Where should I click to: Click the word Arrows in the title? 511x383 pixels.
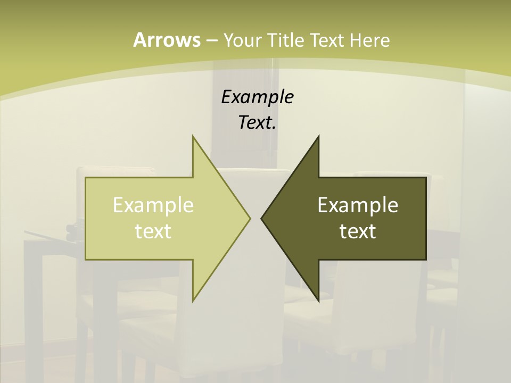pyautogui.click(x=167, y=40)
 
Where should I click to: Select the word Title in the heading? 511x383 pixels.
pyautogui.click(x=286, y=40)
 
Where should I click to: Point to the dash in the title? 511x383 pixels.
pyautogui.click(x=211, y=40)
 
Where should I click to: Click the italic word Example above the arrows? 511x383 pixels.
pyautogui.click(x=257, y=97)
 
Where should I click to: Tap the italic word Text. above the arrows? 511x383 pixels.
pyautogui.click(x=257, y=123)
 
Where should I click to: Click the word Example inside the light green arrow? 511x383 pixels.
pyautogui.click(x=153, y=205)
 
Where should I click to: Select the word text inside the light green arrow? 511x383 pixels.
pyautogui.click(x=153, y=231)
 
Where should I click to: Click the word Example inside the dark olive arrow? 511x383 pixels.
pyautogui.click(x=358, y=205)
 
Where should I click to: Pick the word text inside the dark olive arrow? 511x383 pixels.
pyautogui.click(x=358, y=231)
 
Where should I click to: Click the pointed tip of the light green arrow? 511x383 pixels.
pyautogui.click(x=250, y=218)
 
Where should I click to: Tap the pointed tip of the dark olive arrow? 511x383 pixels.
pyautogui.click(x=261, y=218)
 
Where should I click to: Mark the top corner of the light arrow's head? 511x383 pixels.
pyautogui.click(x=193, y=136)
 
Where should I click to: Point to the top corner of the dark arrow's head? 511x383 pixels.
pyautogui.click(x=318, y=136)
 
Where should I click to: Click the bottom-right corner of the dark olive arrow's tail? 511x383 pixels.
pyautogui.click(x=426, y=260)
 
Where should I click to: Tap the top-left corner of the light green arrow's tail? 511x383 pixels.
pyautogui.click(x=86, y=178)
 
